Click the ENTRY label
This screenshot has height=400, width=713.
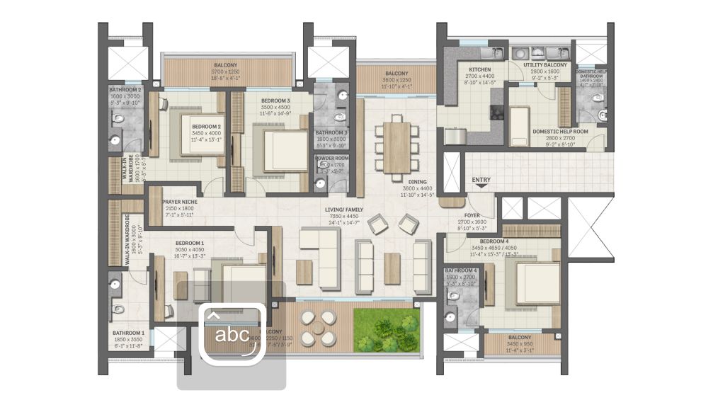coord(481,180)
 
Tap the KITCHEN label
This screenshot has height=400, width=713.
coord(479,69)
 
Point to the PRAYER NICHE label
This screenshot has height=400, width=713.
coord(180,202)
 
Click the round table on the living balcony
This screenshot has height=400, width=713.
coord(318,328)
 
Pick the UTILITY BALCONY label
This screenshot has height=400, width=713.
coord(545,65)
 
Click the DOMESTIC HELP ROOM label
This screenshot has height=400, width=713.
coord(560,131)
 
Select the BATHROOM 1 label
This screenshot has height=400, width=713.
coord(128,333)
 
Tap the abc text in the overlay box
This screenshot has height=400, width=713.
coord(232,334)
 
